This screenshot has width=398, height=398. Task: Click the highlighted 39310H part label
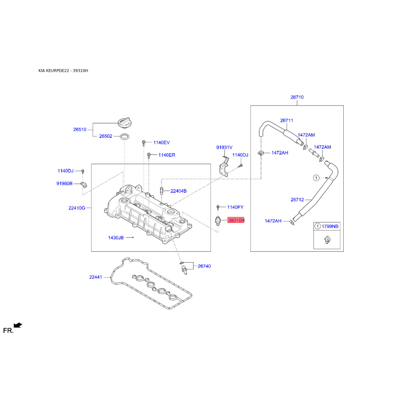point(236,220)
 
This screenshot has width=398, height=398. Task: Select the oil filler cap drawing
point(125,122)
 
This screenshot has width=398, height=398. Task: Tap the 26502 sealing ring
point(124,136)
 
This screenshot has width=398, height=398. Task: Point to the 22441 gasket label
point(96,277)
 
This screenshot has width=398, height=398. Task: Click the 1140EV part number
point(161,143)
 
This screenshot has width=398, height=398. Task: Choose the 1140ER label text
point(167,155)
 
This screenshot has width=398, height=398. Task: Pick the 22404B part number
point(179,191)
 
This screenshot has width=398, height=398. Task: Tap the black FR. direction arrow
point(18,325)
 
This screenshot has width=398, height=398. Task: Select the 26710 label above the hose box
point(297,97)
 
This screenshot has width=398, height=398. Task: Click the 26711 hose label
point(287,120)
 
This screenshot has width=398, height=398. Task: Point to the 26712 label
point(297,200)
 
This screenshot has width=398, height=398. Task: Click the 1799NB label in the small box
point(330,226)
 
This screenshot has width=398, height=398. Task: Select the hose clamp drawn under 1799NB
point(327,239)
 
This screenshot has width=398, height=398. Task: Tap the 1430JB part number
point(116,238)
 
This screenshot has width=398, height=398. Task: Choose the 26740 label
point(204,266)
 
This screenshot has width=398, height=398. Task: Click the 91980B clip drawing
point(84,185)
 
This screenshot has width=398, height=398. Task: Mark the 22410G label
point(77,208)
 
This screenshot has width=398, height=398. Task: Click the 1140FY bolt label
point(235,207)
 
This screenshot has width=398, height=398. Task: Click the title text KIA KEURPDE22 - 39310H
point(63,71)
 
